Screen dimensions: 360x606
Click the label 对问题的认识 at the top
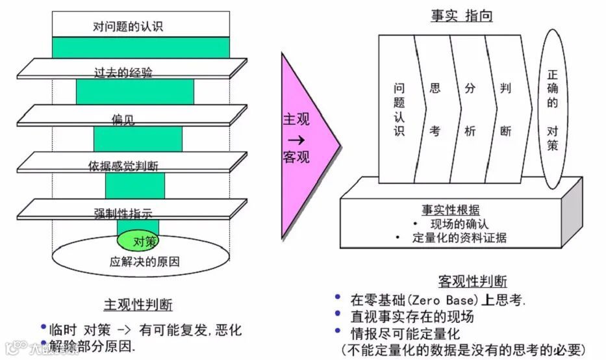[x=127, y=27]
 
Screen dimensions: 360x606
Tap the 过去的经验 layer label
[x=123, y=73]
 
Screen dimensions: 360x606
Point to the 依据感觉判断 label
[x=123, y=166]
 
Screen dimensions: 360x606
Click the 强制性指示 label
[x=123, y=212]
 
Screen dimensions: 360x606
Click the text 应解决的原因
[x=144, y=263]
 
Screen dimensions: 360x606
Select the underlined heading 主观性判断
[x=138, y=305]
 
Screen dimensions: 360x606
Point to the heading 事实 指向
[x=462, y=16]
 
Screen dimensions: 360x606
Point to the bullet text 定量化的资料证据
[x=459, y=237]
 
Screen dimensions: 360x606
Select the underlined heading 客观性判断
[x=472, y=281]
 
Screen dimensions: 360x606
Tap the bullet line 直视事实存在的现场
[x=412, y=317]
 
